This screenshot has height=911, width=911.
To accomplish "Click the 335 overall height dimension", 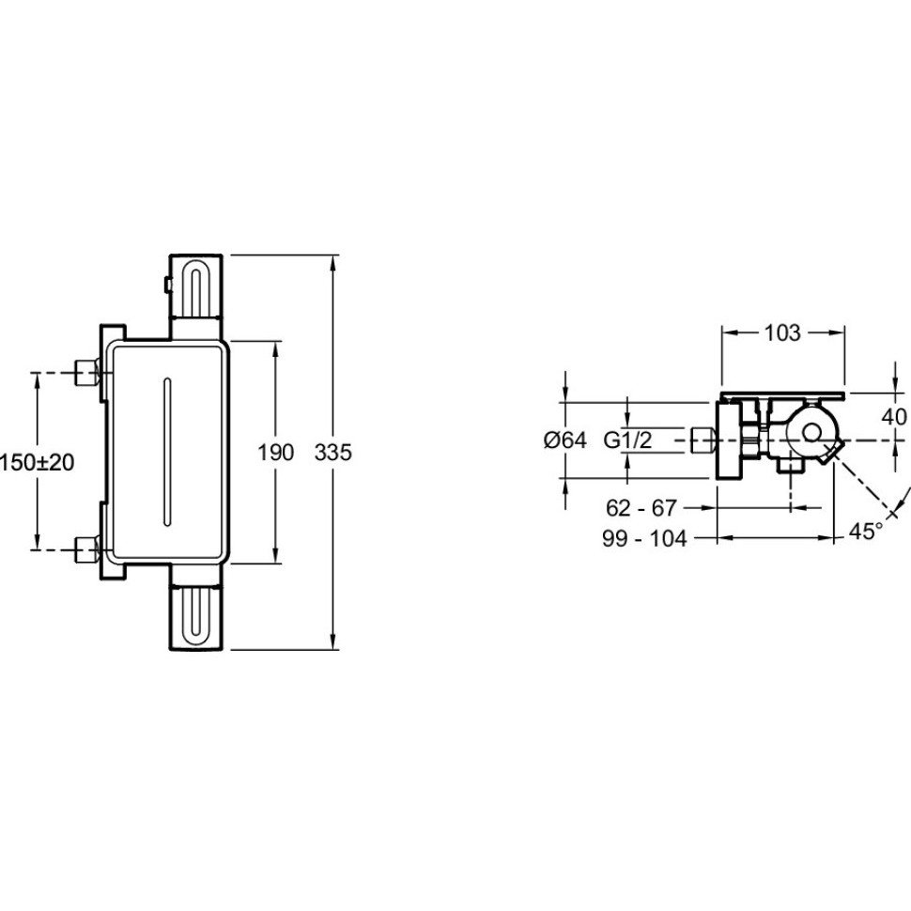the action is coord(332,452).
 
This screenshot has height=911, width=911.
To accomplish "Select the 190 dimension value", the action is coord(276,452).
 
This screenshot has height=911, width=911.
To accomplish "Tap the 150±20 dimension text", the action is coord(38,462).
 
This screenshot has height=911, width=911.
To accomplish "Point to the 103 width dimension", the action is coord(782,332).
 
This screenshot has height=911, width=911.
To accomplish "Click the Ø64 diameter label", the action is coord(565,440).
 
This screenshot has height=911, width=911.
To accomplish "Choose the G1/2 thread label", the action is coord(628,440).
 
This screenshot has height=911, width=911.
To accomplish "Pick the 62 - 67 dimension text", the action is coord(641,508).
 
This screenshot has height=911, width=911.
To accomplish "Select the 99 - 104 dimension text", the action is coord(644,539).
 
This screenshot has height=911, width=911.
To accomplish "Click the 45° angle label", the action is coord(866,531).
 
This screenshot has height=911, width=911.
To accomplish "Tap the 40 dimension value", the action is coord(894,417).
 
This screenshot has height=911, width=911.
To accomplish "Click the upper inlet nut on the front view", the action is coord(87,372).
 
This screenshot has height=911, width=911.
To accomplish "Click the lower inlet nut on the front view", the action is coord(87,549).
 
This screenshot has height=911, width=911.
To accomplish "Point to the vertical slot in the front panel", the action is coord(168,453).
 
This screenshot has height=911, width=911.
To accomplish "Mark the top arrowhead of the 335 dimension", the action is coord(332,262).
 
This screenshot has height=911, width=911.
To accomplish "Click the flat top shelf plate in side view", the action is coord(782,395).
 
